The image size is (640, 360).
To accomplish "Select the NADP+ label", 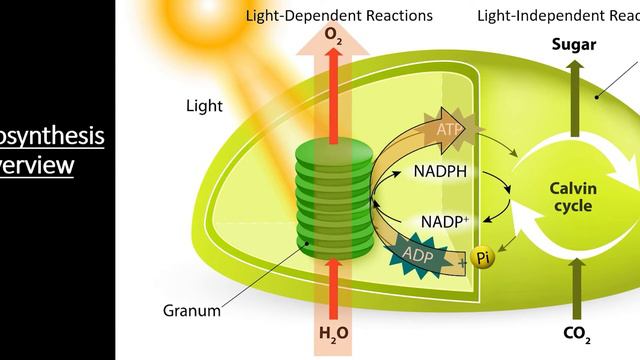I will (442, 221).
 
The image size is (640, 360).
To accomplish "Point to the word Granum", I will (191, 310).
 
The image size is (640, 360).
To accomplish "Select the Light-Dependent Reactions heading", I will (339, 15).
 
